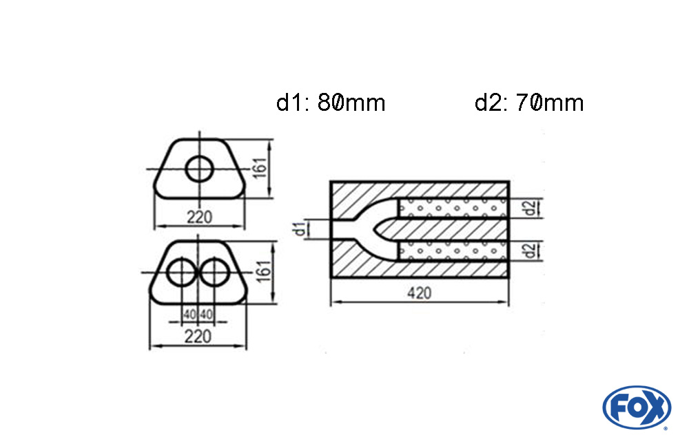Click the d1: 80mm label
click(x=331, y=103)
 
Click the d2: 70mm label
click(x=529, y=103)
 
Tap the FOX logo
click(x=636, y=407)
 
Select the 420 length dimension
click(x=419, y=293)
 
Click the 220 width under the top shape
click(x=199, y=218)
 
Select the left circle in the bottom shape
click(x=182, y=273)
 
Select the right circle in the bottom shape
click(x=215, y=273)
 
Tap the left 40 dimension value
click(x=189, y=315)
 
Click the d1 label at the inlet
click(x=299, y=229)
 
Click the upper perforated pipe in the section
click(x=453, y=208)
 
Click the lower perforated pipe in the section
click(x=453, y=251)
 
